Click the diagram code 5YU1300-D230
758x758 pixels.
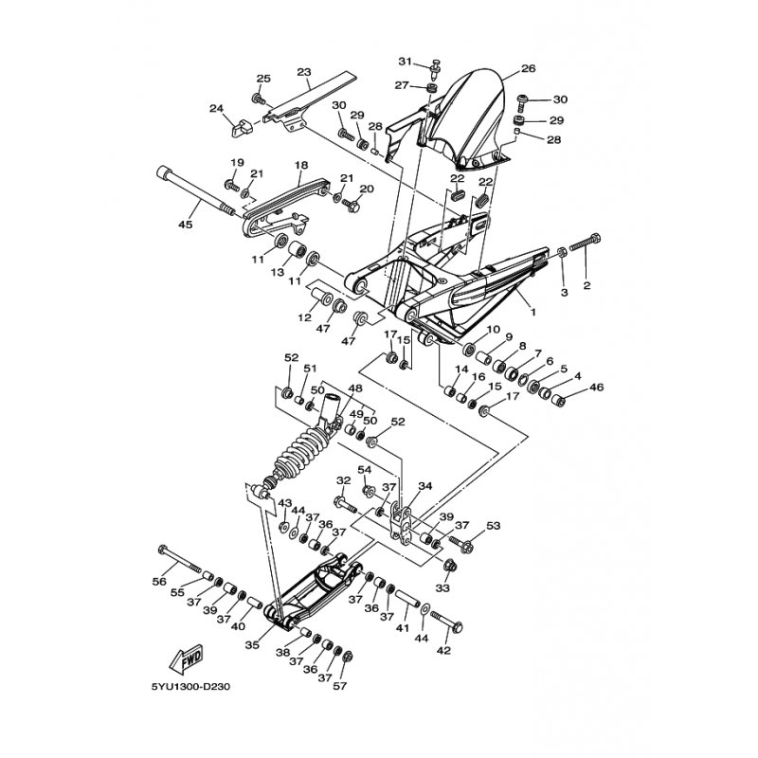189,687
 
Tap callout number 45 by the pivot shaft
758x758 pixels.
186,225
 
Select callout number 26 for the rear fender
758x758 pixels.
529,68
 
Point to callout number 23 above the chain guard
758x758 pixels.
303,72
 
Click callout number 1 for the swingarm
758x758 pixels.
533,313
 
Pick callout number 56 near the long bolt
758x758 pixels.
159,582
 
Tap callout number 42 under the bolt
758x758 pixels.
443,651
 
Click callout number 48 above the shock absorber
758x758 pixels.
354,388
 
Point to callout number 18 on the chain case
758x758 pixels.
300,166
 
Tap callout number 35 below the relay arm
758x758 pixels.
252,644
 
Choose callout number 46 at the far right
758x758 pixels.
597,388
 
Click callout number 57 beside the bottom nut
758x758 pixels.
340,685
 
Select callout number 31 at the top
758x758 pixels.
406,62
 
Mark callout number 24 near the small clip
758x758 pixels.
217,108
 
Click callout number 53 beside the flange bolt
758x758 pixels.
494,526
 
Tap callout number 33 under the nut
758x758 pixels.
442,587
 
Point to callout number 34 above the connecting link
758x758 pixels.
425,486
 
